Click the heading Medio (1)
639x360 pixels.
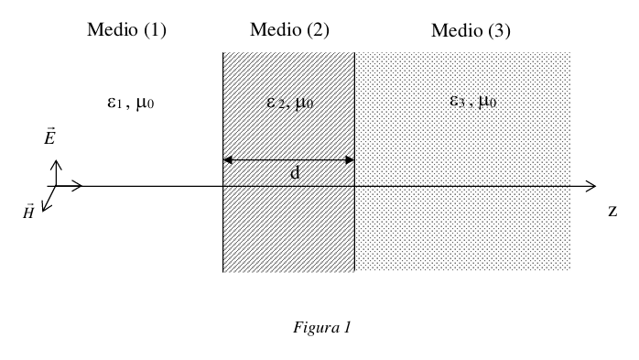126,29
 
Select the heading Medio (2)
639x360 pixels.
290,29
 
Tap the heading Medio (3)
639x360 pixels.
471,30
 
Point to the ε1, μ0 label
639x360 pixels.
130,103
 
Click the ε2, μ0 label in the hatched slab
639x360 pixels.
290,103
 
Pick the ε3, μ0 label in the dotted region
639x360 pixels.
472,101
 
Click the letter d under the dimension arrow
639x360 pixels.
295,172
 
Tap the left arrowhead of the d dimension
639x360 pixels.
227,159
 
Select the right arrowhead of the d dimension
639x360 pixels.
350,159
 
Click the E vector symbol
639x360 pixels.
49,136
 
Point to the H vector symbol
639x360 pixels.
28,212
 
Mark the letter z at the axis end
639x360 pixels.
612,212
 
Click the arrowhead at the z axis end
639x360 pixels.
596,186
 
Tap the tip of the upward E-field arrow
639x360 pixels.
56,160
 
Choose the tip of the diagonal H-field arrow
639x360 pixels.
43,212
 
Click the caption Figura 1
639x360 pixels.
322,327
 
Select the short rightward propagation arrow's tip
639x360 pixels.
81,186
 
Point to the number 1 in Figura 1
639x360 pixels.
347,327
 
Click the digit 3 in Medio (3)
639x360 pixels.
499,30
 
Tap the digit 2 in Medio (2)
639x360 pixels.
318,29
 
